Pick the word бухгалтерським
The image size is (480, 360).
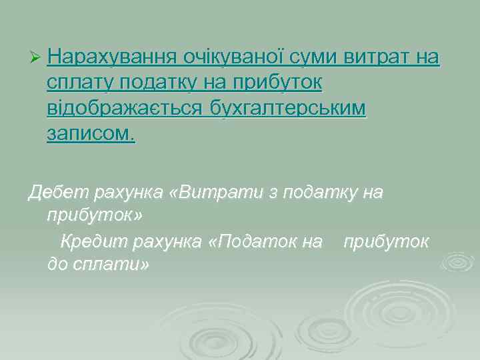point(287,108)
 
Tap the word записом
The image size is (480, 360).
point(91,133)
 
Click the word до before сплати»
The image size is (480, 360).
point(57,265)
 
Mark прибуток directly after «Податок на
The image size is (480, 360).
point(386,241)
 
